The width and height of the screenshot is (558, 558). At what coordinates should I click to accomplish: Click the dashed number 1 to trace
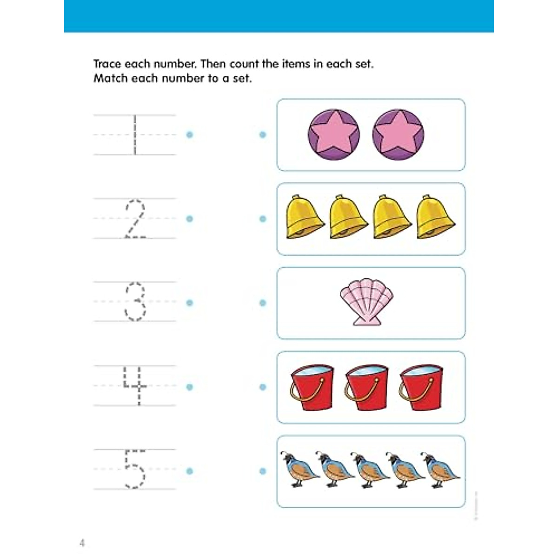[x=135, y=135]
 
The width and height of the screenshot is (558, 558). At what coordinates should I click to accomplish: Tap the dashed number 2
[x=135, y=219]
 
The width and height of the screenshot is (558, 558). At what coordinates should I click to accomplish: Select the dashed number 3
[x=135, y=302]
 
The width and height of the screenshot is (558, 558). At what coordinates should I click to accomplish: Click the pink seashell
[x=366, y=302]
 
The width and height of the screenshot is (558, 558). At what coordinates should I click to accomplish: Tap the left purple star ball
[x=333, y=135]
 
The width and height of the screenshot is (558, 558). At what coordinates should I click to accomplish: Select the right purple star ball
[x=398, y=135]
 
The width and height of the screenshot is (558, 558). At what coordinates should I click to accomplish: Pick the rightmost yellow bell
[x=436, y=218]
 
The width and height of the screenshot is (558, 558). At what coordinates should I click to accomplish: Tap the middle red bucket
[x=367, y=387]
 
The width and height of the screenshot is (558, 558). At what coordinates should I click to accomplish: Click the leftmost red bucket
[x=312, y=387]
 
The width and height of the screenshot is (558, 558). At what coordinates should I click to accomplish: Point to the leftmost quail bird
[x=300, y=470]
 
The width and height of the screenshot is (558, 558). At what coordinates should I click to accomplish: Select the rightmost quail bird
[x=442, y=470]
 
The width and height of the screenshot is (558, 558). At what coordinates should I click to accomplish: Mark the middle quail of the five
[x=371, y=470]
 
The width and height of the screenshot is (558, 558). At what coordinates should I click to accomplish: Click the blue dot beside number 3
[x=189, y=303]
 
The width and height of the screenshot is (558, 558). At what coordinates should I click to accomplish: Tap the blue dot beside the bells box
[x=263, y=219]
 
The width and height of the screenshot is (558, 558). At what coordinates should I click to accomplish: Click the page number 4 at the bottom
[x=82, y=543]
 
